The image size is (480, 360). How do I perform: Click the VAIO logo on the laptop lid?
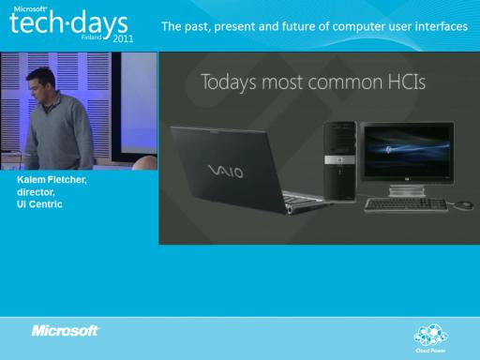226,172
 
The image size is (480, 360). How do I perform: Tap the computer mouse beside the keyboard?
463,205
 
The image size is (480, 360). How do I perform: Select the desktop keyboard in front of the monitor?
406,205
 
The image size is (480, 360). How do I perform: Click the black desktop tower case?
340,161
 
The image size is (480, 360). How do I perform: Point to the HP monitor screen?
407,152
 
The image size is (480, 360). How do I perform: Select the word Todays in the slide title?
229,82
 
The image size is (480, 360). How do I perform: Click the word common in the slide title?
345,82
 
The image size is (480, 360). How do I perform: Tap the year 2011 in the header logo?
123,38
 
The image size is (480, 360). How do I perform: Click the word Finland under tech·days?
92,37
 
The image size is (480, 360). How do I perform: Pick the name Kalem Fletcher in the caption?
52,180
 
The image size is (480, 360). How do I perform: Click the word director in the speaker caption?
36,192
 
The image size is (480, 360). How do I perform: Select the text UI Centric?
39,204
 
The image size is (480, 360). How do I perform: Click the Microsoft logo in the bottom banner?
65,331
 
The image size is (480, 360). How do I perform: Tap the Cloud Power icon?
430,336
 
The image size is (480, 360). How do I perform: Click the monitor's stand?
406,190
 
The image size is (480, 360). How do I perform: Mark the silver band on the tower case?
340,159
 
